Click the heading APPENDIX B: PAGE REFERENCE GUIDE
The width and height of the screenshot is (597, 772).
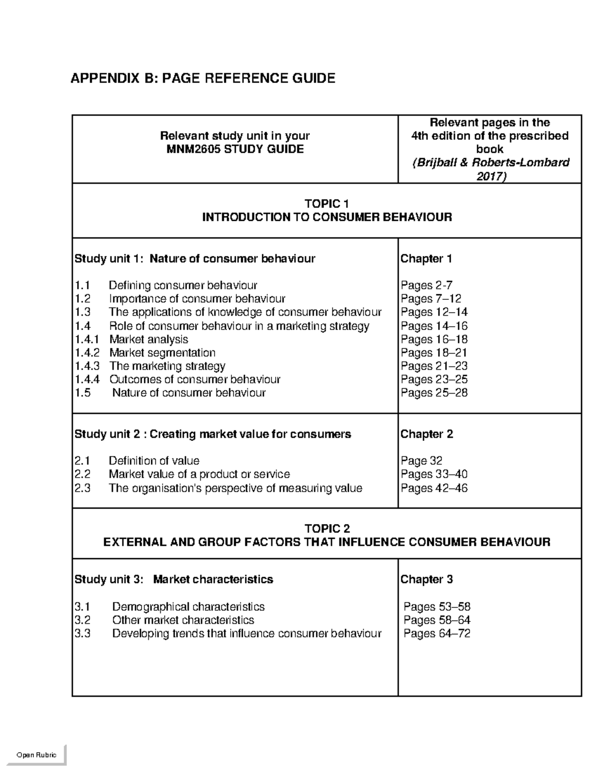202,78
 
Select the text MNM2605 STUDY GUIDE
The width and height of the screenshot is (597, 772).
234,149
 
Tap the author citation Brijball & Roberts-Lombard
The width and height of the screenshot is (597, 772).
490,163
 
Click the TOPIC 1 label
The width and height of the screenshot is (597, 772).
326,204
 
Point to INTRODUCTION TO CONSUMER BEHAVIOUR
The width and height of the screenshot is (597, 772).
326,217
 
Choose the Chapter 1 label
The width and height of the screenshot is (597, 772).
426,258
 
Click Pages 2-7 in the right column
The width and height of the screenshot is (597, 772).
426,285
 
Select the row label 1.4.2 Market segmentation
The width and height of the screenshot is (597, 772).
145,352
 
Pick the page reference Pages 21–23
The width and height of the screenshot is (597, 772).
434,366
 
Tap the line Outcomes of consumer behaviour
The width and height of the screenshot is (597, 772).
195,379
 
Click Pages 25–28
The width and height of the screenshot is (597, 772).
434,393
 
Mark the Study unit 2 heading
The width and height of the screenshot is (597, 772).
212,434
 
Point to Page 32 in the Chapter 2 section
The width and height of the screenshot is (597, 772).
421,461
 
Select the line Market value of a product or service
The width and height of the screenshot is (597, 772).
199,474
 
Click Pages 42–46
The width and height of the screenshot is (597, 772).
434,488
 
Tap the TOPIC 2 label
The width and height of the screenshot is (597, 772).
326,528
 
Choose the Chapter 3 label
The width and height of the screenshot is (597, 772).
426,580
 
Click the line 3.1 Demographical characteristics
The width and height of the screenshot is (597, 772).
169,607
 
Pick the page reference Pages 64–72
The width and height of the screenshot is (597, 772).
436,634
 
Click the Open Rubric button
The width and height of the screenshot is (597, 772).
36,755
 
